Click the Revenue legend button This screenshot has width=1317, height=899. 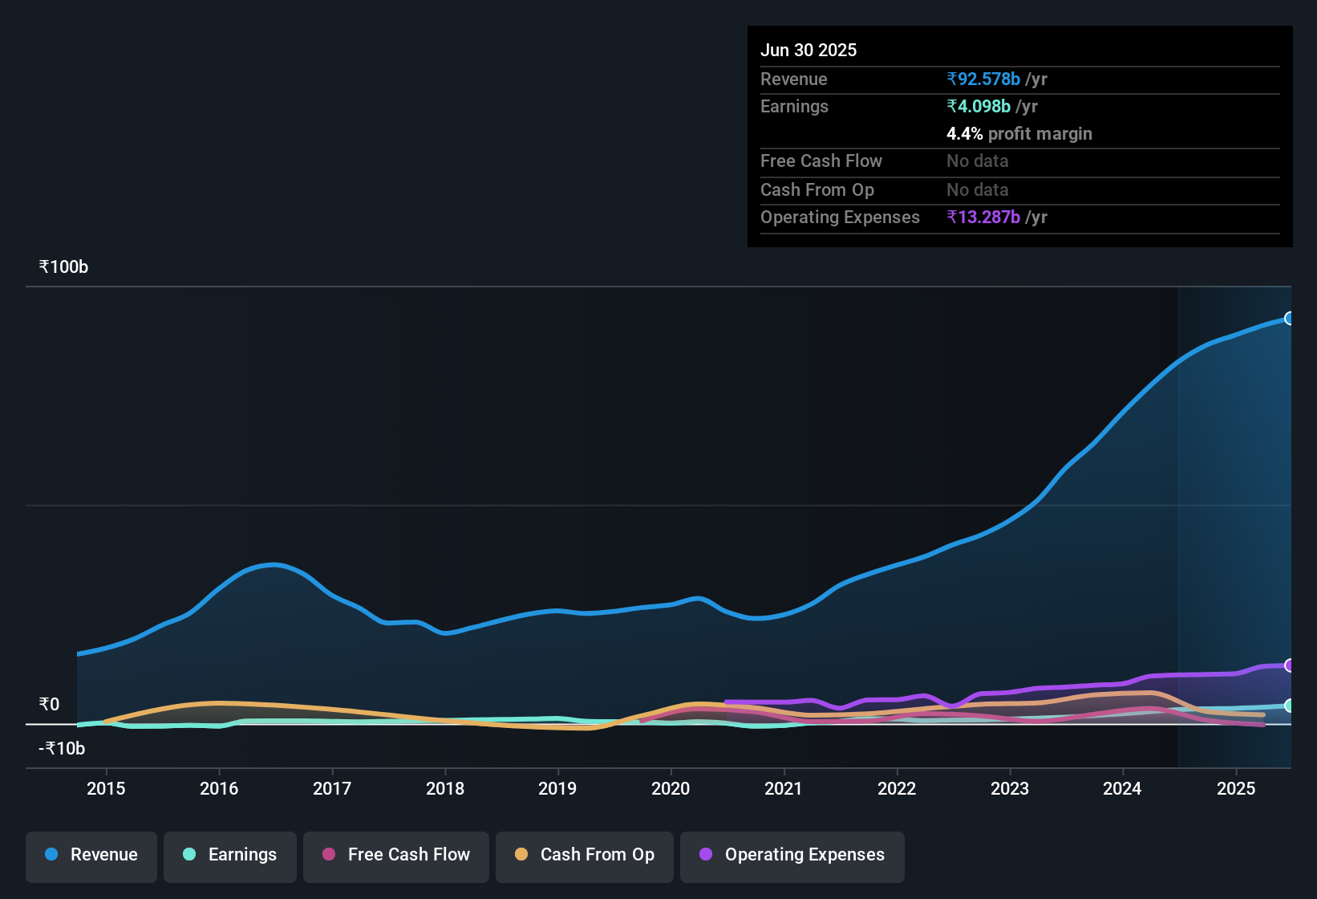91,855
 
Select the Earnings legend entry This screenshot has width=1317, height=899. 230,855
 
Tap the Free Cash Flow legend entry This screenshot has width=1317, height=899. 396,855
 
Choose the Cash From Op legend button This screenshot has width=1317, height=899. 585,855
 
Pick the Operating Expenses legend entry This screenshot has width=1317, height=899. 792,855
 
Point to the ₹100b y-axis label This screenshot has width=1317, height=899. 63,267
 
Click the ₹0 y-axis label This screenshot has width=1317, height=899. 49,705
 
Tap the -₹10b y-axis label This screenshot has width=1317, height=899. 62,749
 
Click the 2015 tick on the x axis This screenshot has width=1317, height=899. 106,789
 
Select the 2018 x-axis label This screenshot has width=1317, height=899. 445,789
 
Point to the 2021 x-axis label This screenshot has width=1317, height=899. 784,789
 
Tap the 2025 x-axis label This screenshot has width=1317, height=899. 1236,789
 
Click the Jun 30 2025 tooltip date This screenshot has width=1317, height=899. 808,51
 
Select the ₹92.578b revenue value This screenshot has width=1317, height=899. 983,79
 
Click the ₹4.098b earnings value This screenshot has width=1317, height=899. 979,107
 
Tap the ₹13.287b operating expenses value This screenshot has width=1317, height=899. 983,218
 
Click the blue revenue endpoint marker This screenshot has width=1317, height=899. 1289,319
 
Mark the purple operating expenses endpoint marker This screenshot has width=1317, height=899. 1289,665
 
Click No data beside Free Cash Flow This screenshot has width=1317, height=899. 977,161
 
